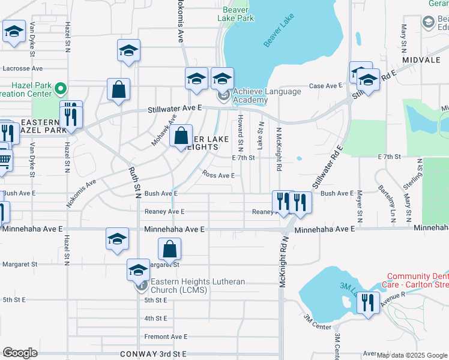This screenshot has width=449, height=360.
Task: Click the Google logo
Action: click(x=20, y=353)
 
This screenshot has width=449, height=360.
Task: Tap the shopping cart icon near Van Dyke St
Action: click(x=4, y=160)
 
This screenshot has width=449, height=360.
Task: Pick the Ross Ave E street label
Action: click(x=218, y=175)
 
